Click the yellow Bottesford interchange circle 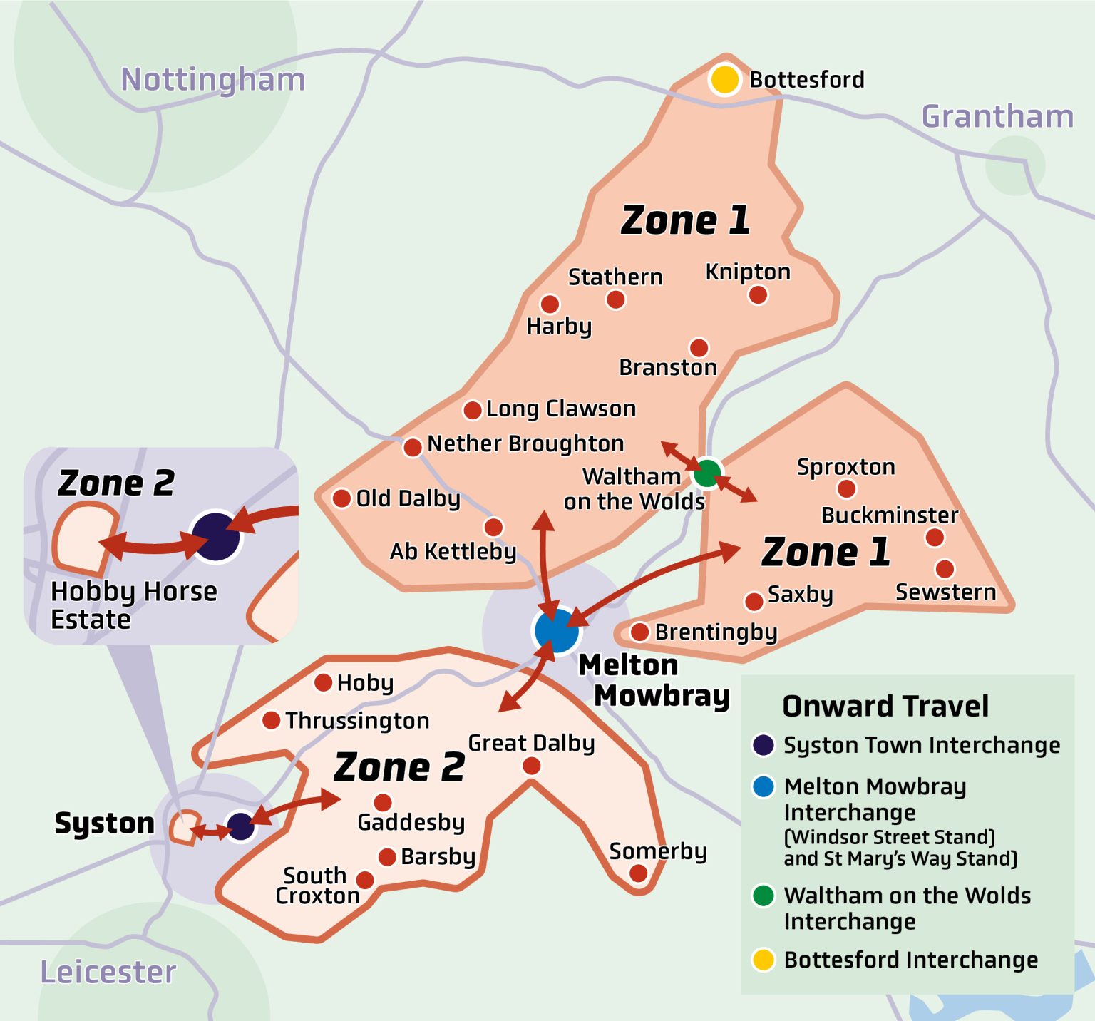[x=725, y=79]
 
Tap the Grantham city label [x=997, y=116]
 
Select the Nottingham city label [x=212, y=79]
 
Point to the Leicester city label [x=108, y=973]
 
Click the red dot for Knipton [x=758, y=294]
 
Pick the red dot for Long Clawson [x=472, y=410]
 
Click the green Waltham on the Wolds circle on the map [x=707, y=473]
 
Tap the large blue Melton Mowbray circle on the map [x=556, y=630]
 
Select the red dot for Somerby [x=639, y=873]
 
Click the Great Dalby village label [x=531, y=743]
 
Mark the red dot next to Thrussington [x=271, y=720]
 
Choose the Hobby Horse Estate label [x=133, y=605]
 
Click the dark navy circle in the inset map [x=215, y=536]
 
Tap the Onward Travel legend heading [x=885, y=707]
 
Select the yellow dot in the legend [x=764, y=960]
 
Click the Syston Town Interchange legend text [x=922, y=745]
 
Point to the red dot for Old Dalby [x=341, y=498]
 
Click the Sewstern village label [x=945, y=592]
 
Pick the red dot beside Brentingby [x=639, y=632]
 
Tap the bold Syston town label [x=104, y=823]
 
